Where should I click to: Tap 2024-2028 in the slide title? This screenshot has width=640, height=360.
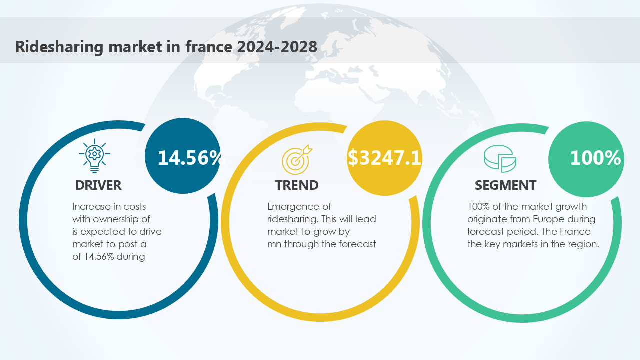pos(277,47)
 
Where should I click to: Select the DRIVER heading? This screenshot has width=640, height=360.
pos(98,185)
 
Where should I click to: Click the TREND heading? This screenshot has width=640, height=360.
pos(297,185)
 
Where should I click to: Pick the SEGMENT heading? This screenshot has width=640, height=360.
pos(505,185)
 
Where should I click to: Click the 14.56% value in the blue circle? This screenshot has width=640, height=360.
pos(189,158)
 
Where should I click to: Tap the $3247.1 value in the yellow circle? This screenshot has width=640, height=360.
pos(384,158)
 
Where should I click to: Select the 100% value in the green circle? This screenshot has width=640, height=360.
pos(595,158)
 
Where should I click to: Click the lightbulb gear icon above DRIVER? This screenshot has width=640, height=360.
pos(94,156)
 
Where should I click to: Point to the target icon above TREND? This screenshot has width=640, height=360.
pos(297,158)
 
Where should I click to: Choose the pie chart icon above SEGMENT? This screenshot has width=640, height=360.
pos(500,158)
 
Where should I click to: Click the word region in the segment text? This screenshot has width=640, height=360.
pos(582,244)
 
